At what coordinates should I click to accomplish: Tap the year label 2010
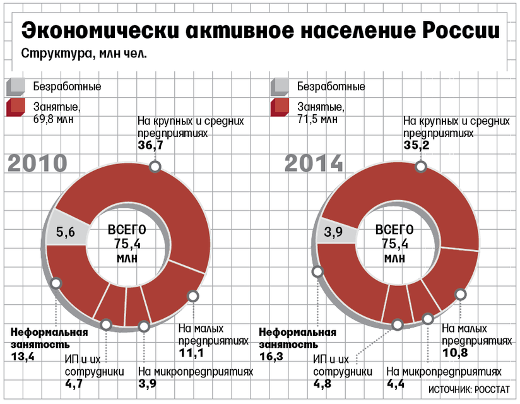click(37, 163)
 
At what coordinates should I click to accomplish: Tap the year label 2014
click(314, 163)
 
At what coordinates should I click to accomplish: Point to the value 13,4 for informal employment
click(23, 357)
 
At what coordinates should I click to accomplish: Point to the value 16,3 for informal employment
click(271, 357)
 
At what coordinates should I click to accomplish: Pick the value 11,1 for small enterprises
click(191, 353)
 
